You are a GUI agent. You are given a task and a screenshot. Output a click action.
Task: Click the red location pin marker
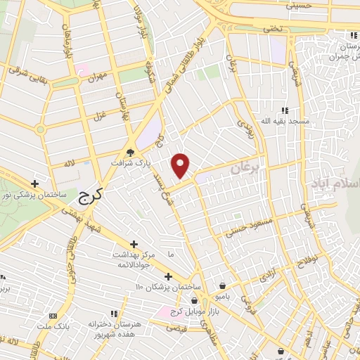pyautogui.click(x=181, y=165)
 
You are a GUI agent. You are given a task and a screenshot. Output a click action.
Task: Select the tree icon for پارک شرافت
pyautogui.click(x=130, y=153)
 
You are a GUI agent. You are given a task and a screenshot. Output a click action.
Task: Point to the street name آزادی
pyautogui.click(x=268, y=275)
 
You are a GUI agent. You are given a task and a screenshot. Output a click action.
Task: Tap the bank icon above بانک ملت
pyautogui.click(x=53, y=318)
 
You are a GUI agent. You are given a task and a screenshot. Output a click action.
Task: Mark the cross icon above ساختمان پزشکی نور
pyautogui.click(x=34, y=184)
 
